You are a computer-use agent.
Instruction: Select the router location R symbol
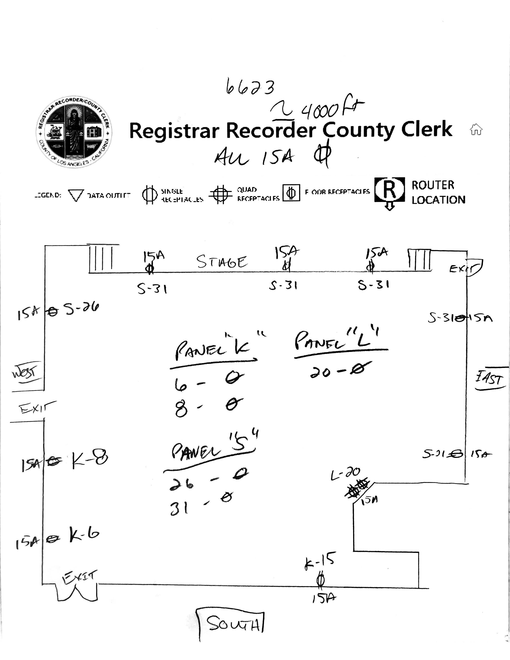pos(389,190)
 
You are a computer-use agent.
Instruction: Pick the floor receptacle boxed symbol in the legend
pos(291,193)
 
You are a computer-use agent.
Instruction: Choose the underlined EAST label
pos(490,379)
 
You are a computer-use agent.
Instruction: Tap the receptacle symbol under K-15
pos(320,580)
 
